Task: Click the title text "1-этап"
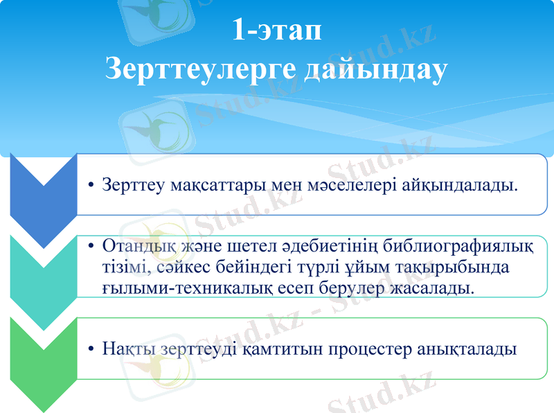click(x=276, y=31)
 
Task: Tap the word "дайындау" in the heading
click(x=377, y=69)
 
